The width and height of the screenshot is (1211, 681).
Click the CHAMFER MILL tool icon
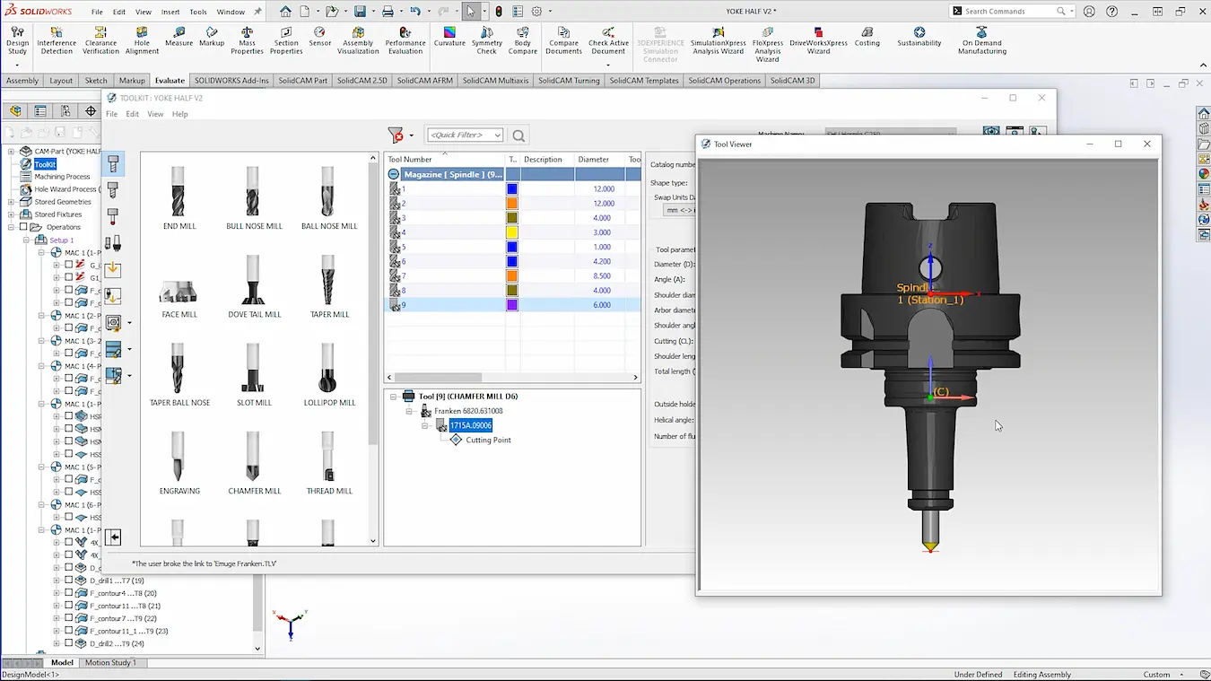click(x=254, y=462)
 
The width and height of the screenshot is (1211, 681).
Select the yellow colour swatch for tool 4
click(x=512, y=232)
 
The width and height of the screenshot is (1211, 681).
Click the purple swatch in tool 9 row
click(x=512, y=305)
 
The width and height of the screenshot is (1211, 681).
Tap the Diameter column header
click(x=594, y=160)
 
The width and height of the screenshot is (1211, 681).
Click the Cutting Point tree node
click(x=488, y=440)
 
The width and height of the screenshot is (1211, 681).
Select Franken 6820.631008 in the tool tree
click(x=468, y=411)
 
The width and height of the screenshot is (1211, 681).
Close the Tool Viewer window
click(x=1146, y=144)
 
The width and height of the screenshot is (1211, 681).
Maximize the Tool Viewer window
click(x=1118, y=144)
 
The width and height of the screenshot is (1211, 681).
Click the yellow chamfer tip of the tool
click(x=930, y=546)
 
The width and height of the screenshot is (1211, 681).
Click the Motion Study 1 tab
click(x=110, y=662)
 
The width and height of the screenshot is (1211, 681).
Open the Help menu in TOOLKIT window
click(x=179, y=114)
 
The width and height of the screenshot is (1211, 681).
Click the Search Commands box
click(x=1008, y=12)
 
